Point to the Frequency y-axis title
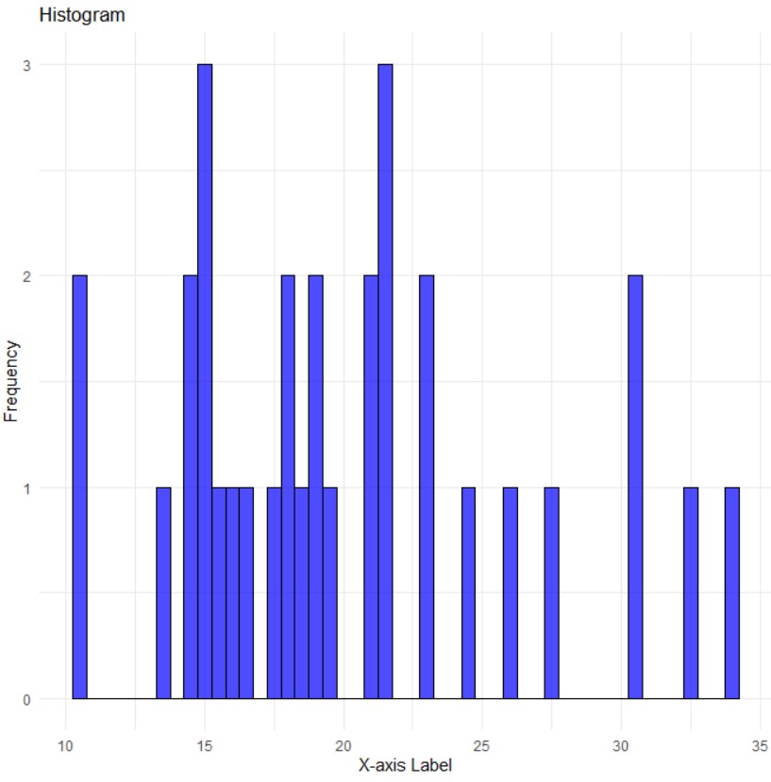[12, 382]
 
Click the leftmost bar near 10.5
[79, 488]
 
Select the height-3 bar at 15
[205, 382]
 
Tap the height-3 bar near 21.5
[385, 382]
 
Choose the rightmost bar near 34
[732, 593]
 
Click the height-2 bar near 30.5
[635, 488]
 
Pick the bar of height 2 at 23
[427, 488]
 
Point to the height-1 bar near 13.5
[163, 593]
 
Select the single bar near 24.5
[468, 593]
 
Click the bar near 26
[511, 593]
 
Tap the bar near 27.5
[552, 593]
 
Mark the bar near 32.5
[691, 593]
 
